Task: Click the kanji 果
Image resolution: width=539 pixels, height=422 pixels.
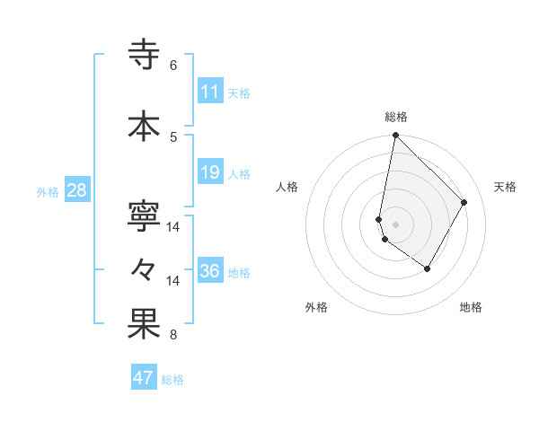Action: (x=145, y=325)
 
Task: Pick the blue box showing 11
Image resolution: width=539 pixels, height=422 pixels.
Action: (x=210, y=91)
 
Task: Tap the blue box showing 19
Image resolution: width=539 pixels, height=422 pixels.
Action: (x=210, y=172)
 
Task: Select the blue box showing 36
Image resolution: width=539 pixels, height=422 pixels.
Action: (x=210, y=271)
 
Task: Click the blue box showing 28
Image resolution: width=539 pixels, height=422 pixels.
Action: (x=75, y=190)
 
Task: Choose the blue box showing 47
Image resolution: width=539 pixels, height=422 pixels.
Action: (x=144, y=378)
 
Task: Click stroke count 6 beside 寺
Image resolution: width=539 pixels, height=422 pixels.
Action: (x=173, y=66)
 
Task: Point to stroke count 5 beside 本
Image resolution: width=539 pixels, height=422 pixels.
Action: (x=173, y=136)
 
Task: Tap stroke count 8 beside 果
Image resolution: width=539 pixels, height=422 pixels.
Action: (x=173, y=336)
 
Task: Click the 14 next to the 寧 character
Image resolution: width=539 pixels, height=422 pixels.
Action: (x=173, y=227)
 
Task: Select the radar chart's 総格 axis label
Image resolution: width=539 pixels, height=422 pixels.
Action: (x=396, y=117)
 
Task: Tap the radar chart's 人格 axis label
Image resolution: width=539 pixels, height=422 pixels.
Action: (x=287, y=187)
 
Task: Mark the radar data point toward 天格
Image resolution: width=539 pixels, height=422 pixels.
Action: (x=464, y=202)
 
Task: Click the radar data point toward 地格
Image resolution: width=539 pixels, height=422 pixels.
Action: (x=428, y=268)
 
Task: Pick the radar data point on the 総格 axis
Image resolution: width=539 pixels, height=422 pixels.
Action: (x=395, y=136)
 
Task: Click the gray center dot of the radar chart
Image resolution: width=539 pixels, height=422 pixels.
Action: (x=395, y=224)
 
